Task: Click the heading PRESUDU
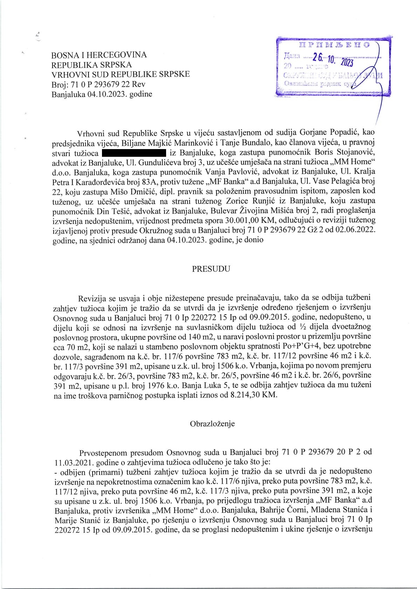click(x=211, y=269)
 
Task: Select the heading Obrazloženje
click(x=212, y=423)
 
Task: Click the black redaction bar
click(x=134, y=153)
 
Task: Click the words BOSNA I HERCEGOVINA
click(x=99, y=55)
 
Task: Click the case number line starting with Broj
click(x=98, y=84)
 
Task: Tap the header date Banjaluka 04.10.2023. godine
click(x=102, y=94)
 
